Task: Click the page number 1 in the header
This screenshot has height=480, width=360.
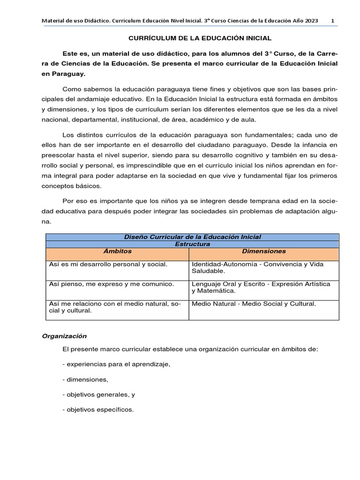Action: pos(332,21)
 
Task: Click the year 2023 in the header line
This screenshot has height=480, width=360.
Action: pos(310,21)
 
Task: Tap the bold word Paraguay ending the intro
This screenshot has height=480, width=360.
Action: pos(70,74)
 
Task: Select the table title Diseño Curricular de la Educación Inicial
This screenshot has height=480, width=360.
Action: pos(192,237)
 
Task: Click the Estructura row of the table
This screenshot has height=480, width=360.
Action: pos(192,244)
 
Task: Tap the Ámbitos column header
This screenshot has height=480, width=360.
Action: pos(117,251)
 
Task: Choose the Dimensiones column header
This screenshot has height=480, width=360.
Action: pos(263,251)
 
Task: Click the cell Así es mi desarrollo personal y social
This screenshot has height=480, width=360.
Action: pos(108,264)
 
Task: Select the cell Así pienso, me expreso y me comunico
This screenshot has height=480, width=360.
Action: pos(112,284)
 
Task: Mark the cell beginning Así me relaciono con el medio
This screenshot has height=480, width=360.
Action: pos(115,307)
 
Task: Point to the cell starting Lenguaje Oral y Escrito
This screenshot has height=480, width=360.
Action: pos(261,287)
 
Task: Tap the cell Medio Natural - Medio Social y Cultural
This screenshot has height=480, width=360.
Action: pos(254,304)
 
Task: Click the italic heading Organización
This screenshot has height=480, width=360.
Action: pos(64,336)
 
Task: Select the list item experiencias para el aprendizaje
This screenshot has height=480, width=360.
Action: pos(116,364)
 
